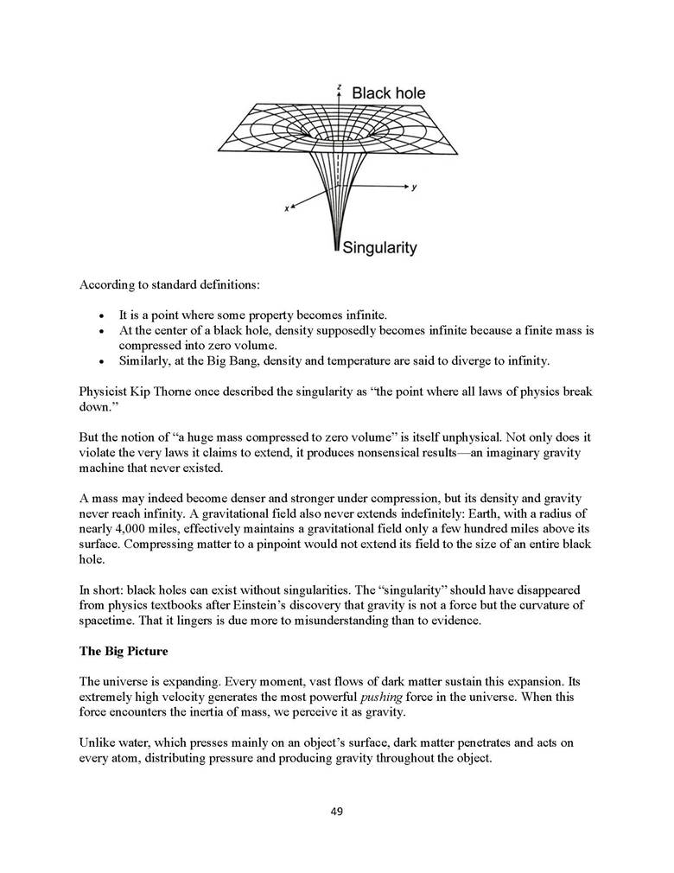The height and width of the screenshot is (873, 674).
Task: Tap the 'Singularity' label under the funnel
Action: click(x=380, y=248)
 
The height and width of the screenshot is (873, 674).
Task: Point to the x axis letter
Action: click(x=286, y=213)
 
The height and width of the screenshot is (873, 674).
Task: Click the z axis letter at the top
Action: click(x=339, y=86)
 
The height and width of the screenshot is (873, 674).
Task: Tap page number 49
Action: click(x=337, y=810)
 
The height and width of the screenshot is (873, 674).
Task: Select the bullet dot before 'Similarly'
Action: click(x=102, y=360)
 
